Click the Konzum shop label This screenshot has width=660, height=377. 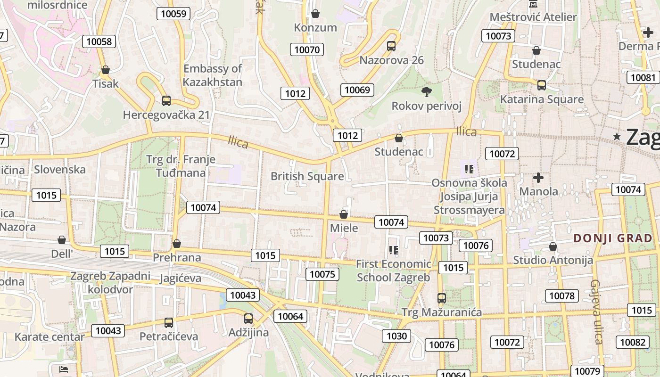(x=315, y=27)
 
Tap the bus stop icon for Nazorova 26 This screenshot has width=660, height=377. (x=391, y=46)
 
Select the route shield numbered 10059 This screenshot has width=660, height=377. (x=173, y=14)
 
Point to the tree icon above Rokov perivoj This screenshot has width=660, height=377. (x=426, y=91)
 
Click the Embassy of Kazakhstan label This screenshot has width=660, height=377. (x=213, y=75)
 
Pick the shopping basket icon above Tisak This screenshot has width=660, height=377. (x=106, y=70)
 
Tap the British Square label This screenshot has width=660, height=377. (x=307, y=176)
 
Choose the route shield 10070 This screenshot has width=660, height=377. (x=307, y=49)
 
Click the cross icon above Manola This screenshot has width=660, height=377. (x=538, y=178)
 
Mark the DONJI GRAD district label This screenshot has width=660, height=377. (x=612, y=238)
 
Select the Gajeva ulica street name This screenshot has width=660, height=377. (x=596, y=311)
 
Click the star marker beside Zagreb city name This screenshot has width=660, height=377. (x=617, y=137)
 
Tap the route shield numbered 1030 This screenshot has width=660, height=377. (x=396, y=336)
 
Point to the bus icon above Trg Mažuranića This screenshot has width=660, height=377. (x=441, y=298)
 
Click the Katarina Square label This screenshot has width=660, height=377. (x=542, y=99)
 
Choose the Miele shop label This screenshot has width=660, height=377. (x=344, y=228)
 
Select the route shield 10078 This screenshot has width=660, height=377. (x=561, y=295)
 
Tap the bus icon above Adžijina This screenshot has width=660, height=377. (x=248, y=319)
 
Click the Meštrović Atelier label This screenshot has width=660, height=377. (x=533, y=17)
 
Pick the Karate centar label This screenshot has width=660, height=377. (x=49, y=336)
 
